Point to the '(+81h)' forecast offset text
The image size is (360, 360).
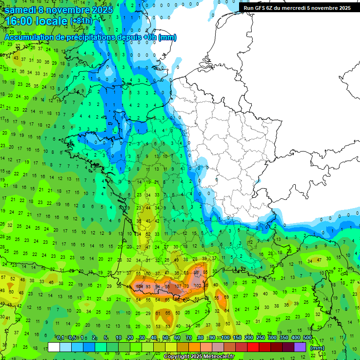(x=82, y=21)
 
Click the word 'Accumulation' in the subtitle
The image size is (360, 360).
(x=29, y=37)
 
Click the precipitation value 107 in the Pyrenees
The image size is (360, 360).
(x=178, y=286)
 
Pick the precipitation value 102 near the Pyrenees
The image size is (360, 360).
(x=198, y=285)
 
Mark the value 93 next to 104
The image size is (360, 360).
(x=149, y=286)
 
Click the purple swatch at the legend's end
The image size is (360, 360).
(x=300, y=347)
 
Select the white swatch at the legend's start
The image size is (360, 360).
(x=54, y=347)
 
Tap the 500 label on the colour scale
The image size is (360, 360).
(x=307, y=337)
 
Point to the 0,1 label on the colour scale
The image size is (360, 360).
(x=60, y=337)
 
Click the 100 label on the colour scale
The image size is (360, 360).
(x=225, y=337)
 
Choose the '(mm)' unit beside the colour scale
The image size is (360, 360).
(x=317, y=348)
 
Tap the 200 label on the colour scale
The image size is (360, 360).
(x=248, y=337)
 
